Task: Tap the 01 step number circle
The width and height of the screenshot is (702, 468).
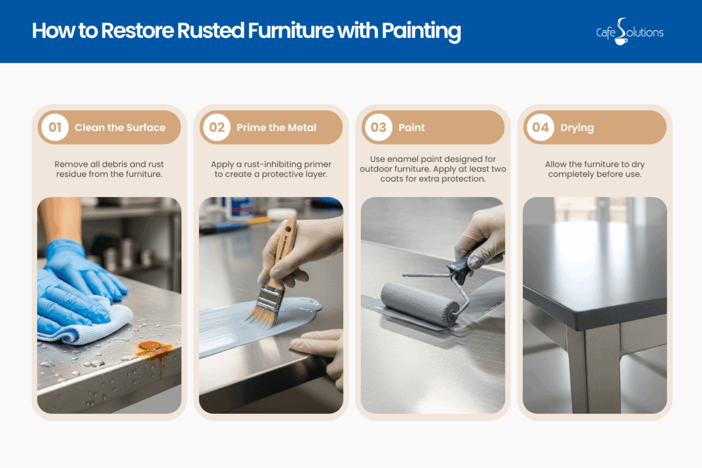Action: [x=55, y=128]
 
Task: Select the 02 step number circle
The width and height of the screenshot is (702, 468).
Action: [x=217, y=128]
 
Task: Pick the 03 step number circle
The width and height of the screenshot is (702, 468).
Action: [x=378, y=128]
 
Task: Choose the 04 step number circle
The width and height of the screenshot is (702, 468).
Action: [x=541, y=128]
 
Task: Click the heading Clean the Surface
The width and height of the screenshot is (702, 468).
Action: [x=120, y=128]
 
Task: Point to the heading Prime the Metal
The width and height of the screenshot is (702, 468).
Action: [x=276, y=128]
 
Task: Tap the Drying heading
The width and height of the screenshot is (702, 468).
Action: [x=577, y=128]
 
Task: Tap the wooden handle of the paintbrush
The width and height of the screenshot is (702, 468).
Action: [x=285, y=246]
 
